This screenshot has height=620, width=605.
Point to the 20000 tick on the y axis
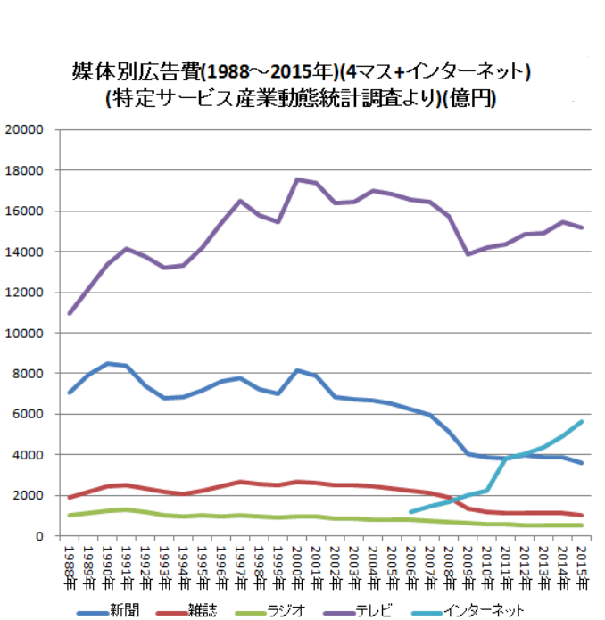25,129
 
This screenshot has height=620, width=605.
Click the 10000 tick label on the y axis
25,333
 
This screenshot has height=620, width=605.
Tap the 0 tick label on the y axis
39,536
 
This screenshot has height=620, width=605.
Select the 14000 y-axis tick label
25,252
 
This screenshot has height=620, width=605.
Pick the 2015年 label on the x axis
582,558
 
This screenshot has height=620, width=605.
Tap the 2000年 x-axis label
296,558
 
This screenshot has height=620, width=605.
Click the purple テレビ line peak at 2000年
296,179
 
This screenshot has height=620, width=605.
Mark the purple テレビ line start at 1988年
69,313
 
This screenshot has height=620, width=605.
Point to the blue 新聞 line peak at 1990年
107,363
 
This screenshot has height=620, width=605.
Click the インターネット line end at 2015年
582,421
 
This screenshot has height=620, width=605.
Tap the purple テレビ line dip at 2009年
468,254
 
